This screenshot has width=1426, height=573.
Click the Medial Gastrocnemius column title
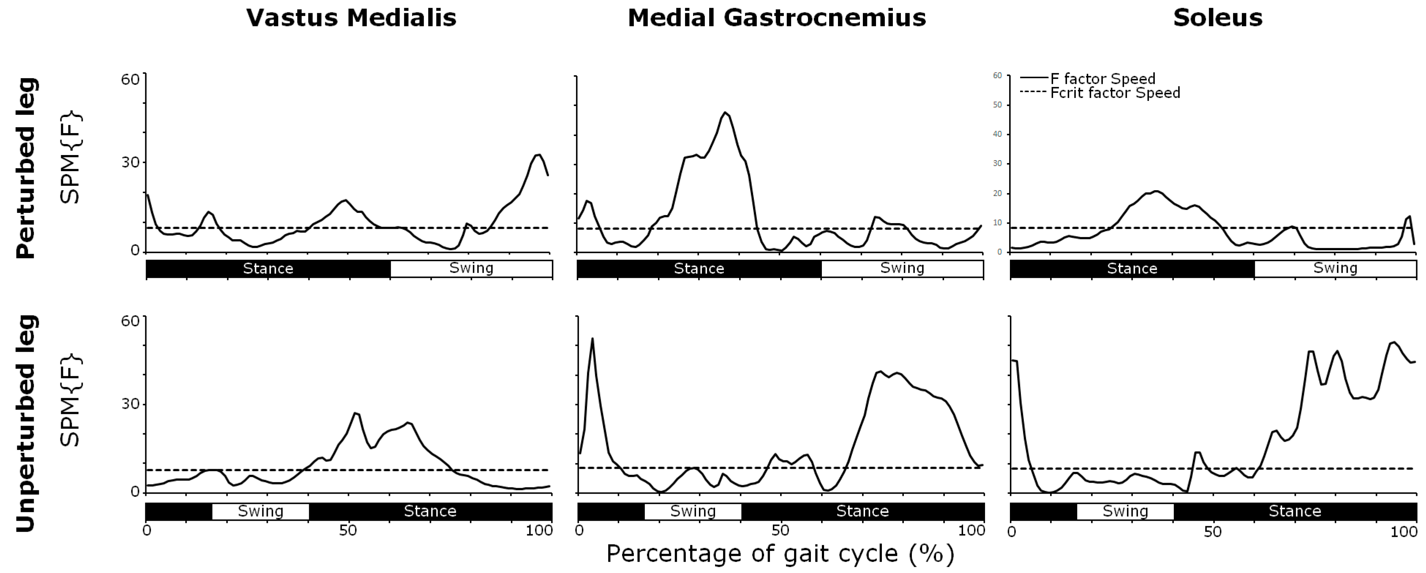coord(776,18)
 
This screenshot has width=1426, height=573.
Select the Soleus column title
coord(1217,18)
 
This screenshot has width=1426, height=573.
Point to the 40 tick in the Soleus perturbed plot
coord(997,135)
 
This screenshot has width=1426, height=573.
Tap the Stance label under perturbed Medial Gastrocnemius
coord(699,269)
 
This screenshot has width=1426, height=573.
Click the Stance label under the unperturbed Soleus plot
coord(1294,511)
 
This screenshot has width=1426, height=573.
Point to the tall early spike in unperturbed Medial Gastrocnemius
coord(592,339)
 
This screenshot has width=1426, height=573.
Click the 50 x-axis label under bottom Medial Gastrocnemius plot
coord(780,531)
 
